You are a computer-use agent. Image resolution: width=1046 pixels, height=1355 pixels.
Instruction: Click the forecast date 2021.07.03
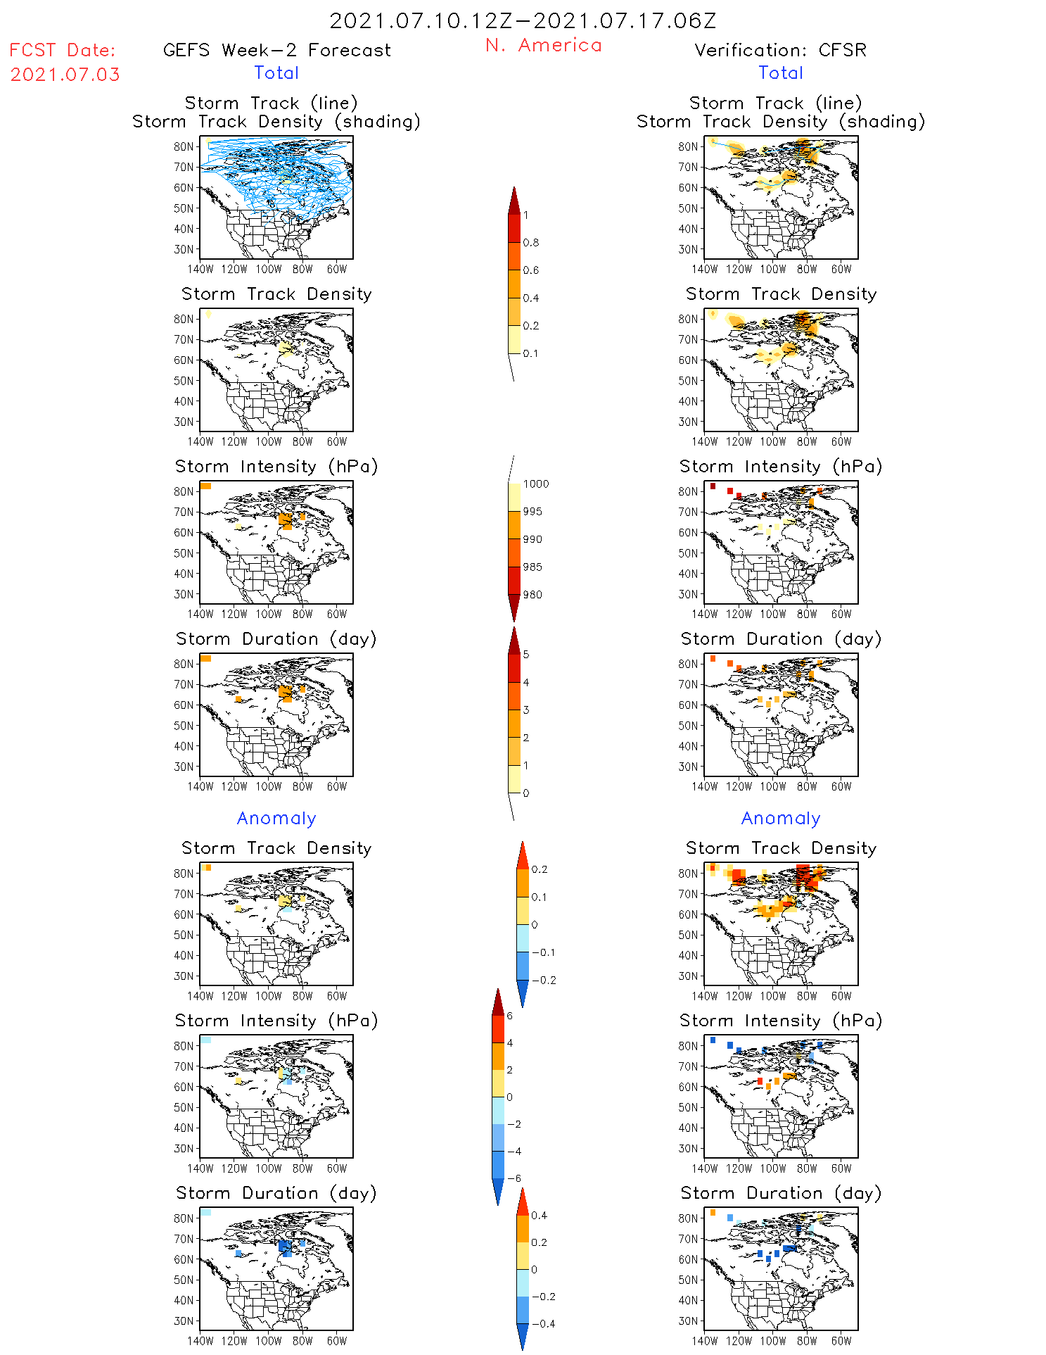click(65, 75)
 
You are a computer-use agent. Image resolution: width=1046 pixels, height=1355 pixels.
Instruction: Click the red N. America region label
click(543, 46)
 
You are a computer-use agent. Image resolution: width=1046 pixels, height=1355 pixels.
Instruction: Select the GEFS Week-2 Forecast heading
click(276, 51)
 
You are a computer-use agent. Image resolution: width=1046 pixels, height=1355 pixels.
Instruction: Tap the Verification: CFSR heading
click(780, 51)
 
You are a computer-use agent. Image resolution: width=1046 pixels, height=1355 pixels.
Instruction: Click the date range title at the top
click(523, 21)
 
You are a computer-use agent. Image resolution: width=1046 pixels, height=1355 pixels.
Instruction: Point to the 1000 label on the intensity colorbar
click(536, 484)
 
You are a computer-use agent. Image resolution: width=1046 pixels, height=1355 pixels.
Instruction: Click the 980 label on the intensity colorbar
click(532, 595)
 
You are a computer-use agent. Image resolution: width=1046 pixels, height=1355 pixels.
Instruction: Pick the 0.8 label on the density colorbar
click(531, 243)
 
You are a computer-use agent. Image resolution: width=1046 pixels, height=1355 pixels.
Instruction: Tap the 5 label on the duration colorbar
click(526, 655)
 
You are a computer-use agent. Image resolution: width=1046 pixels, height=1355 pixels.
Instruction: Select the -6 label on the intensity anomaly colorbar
click(514, 1178)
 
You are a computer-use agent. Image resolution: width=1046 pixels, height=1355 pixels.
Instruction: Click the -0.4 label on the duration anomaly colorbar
click(543, 1323)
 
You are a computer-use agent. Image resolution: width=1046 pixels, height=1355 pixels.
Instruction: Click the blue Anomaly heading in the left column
click(276, 819)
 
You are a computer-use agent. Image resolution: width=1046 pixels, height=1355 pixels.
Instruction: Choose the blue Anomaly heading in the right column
click(781, 819)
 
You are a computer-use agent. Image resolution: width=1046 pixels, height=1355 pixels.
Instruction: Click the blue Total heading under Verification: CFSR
click(781, 73)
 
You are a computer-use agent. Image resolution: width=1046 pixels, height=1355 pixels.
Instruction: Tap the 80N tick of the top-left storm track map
click(184, 147)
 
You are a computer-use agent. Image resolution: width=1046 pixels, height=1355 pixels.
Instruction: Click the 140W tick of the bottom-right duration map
click(704, 1341)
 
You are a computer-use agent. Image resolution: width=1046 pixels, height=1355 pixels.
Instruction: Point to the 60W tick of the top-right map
click(841, 270)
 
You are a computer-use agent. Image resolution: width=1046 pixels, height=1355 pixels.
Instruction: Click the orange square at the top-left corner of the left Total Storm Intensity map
click(205, 486)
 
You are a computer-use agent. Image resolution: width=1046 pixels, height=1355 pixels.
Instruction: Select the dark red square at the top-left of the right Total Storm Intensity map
click(713, 486)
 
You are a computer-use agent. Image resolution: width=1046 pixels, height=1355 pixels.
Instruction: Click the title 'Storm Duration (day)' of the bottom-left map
click(276, 1193)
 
